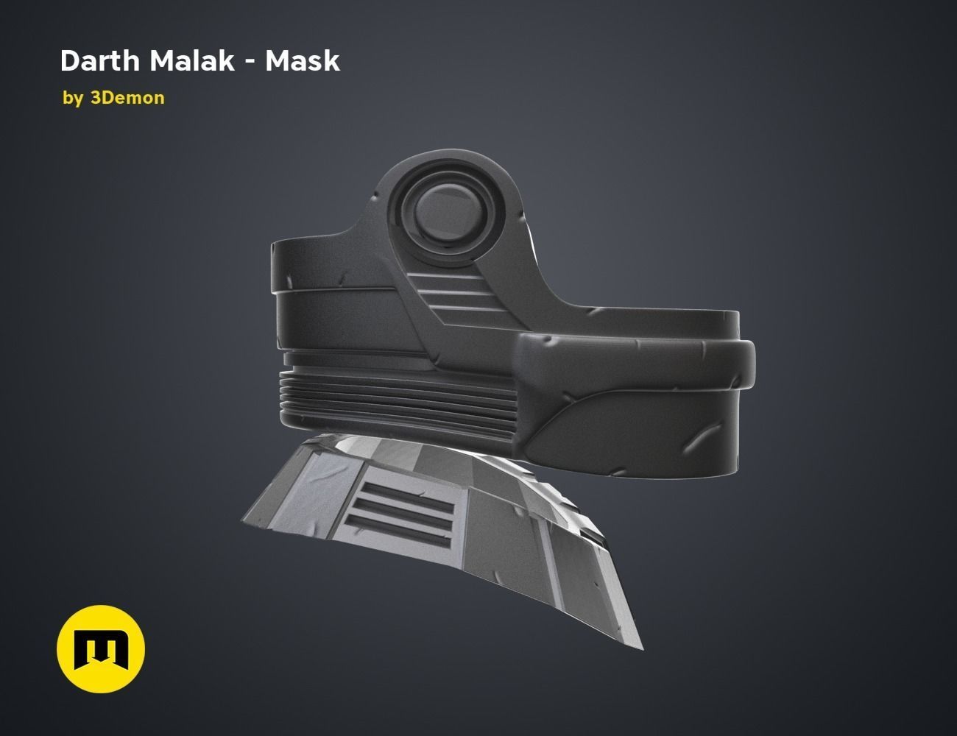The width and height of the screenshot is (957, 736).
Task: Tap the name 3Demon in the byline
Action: tap(127, 98)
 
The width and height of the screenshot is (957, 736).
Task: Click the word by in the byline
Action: tap(73, 98)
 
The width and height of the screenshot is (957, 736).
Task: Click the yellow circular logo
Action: tap(101, 649)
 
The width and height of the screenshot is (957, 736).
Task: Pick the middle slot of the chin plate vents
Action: tap(405, 507)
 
